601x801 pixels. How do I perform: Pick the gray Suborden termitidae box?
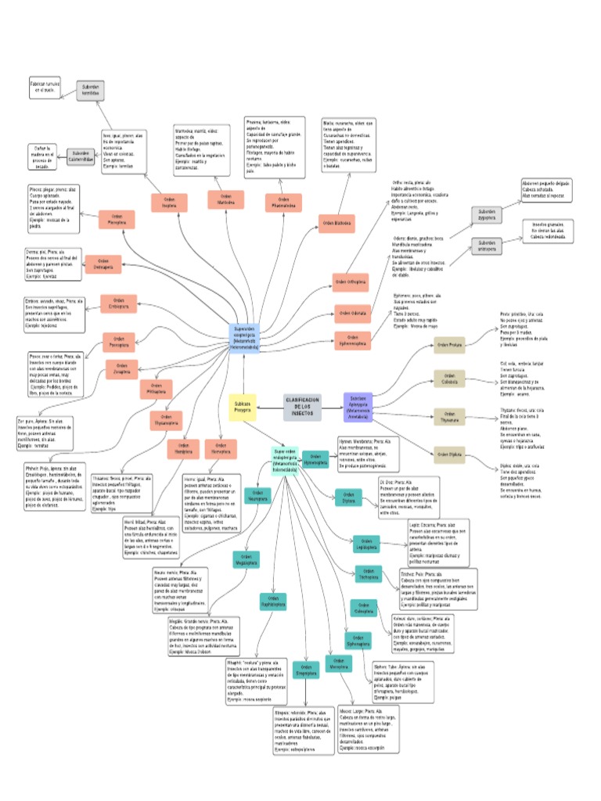[91, 90]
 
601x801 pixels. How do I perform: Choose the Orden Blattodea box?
[337, 223]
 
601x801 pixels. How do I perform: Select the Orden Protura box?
[451, 344]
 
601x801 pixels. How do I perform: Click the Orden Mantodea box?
[226, 201]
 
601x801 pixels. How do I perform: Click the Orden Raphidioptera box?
[273, 602]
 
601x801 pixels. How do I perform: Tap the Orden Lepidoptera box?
[366, 543]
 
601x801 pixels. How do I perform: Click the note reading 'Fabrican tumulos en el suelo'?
[46, 88]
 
